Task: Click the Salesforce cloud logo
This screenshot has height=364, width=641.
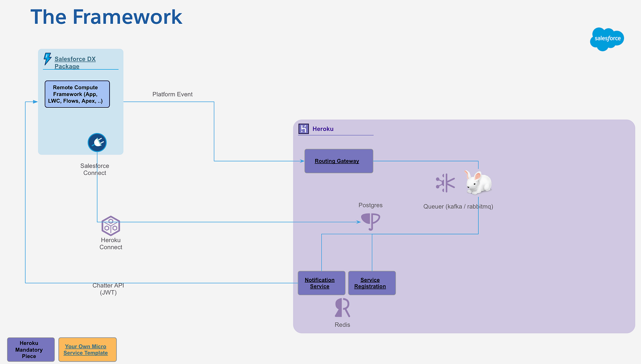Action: pyautogui.click(x=608, y=39)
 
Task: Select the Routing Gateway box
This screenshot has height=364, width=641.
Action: pyautogui.click(x=339, y=161)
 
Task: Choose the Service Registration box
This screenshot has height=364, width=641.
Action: pyautogui.click(x=372, y=283)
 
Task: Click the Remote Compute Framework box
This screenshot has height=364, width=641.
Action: pyautogui.click(x=77, y=94)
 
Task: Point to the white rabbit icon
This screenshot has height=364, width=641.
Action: pyautogui.click(x=478, y=183)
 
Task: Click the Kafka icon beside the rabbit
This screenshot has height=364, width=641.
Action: pyautogui.click(x=445, y=183)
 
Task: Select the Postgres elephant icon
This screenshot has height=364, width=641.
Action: pyautogui.click(x=370, y=221)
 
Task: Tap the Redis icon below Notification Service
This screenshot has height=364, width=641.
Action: pyautogui.click(x=342, y=308)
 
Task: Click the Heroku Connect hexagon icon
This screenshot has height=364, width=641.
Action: pyautogui.click(x=110, y=226)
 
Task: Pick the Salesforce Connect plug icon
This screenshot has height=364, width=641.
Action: pyautogui.click(x=97, y=143)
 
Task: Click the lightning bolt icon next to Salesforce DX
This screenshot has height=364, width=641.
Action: pyautogui.click(x=47, y=59)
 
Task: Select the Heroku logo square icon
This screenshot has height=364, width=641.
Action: pyautogui.click(x=304, y=129)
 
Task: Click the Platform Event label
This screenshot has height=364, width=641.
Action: pyautogui.click(x=173, y=94)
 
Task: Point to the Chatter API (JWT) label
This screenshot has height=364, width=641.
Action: pyautogui.click(x=108, y=289)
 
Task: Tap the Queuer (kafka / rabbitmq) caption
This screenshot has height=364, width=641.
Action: pyautogui.click(x=458, y=206)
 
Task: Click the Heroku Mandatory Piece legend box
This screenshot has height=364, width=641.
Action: pyautogui.click(x=31, y=350)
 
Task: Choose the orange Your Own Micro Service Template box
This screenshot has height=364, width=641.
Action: pyautogui.click(x=87, y=350)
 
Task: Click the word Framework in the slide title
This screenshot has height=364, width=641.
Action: pyautogui.click(x=127, y=17)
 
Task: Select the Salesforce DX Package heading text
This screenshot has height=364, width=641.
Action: pyautogui.click(x=75, y=63)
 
